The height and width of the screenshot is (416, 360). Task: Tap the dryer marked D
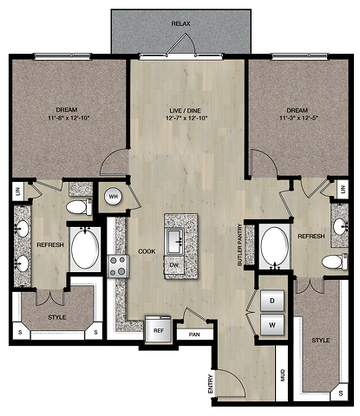tap(272, 301)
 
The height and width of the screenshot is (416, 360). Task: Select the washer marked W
tap(272, 325)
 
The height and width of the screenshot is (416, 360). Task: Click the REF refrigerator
tap(158, 330)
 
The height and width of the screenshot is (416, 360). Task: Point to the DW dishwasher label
tap(173, 265)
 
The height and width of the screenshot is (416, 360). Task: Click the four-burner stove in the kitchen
tap(118, 266)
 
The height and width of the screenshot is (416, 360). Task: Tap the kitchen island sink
tap(174, 241)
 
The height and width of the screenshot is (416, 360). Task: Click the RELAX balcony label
tap(181, 23)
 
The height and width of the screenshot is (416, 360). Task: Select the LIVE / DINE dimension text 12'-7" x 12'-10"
tap(187, 118)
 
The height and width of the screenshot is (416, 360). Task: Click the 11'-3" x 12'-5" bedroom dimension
tap(297, 118)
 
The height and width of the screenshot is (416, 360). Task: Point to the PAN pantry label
tap(194, 335)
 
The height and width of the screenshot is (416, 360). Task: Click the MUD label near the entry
tap(283, 375)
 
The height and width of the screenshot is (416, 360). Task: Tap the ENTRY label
tap(211, 384)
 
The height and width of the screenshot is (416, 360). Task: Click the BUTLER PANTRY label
tap(239, 244)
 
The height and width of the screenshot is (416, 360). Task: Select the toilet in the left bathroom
tap(79, 206)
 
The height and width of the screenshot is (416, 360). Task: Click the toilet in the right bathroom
tap(335, 262)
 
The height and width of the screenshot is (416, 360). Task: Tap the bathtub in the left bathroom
tap(85, 249)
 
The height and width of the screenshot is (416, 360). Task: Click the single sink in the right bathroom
tap(339, 226)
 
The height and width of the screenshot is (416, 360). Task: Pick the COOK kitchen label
tap(147, 251)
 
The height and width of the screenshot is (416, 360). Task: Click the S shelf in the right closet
tap(341, 393)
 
